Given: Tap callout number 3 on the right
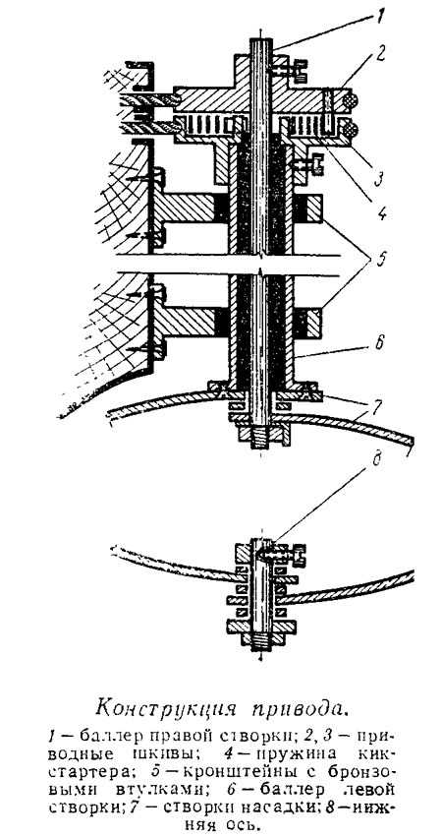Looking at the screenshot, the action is click(x=378, y=176).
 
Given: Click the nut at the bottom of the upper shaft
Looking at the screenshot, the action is click(x=260, y=436).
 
